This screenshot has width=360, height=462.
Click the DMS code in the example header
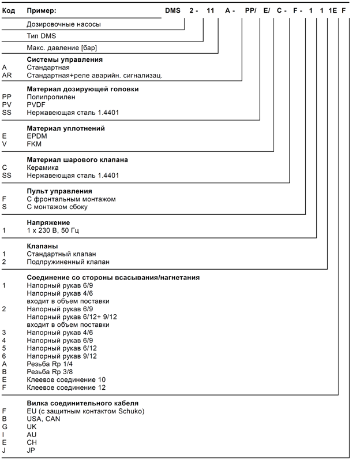click(x=172, y=10)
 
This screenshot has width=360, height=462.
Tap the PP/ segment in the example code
click(x=250, y=10)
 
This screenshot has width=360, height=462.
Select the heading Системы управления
click(x=65, y=59)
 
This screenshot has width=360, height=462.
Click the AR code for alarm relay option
click(x=7, y=76)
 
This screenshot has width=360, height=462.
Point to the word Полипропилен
click(x=51, y=97)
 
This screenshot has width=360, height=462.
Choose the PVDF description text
click(x=36, y=105)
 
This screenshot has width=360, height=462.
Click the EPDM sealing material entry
click(x=37, y=136)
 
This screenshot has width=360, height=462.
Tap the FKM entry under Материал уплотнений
click(x=34, y=144)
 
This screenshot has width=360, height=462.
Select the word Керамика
click(x=43, y=167)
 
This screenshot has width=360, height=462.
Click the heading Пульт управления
click(x=59, y=191)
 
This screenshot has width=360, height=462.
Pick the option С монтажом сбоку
click(x=57, y=207)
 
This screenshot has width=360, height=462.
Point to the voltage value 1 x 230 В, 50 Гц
click(x=52, y=230)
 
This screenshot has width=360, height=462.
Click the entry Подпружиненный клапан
click(x=68, y=262)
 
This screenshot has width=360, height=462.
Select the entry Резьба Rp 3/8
click(x=50, y=372)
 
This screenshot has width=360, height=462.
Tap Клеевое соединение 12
click(x=66, y=388)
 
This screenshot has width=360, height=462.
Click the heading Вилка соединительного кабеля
click(x=82, y=403)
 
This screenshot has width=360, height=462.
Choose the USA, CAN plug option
click(x=43, y=419)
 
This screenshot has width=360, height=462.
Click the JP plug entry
click(x=31, y=450)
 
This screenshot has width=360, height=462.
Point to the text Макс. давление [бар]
click(x=62, y=48)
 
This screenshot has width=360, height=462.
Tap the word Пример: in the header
click(x=42, y=10)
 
